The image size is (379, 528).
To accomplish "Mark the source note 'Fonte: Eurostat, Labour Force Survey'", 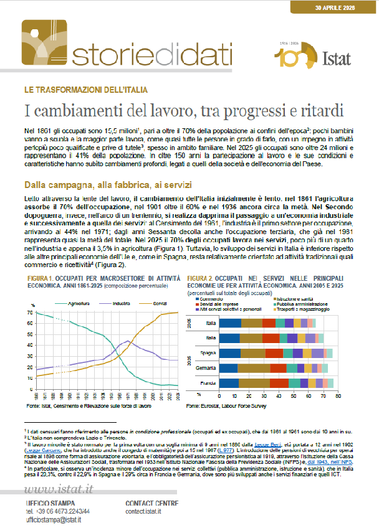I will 223,405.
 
